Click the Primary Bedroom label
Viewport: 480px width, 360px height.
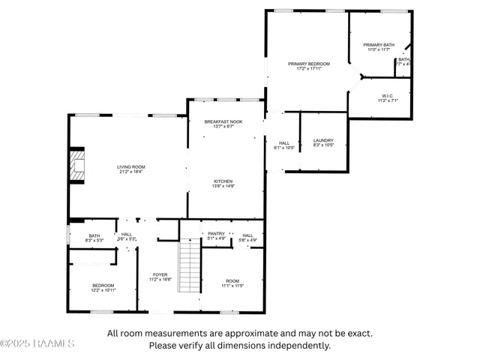click(x=309, y=64)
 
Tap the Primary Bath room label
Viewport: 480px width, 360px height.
click(x=379, y=45)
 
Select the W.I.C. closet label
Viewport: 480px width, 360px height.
click(x=388, y=95)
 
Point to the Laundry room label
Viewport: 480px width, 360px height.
click(x=323, y=140)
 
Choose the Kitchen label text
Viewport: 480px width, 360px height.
click(x=223, y=181)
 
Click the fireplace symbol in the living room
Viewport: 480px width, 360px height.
click(x=76, y=166)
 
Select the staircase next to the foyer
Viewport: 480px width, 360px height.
click(x=190, y=266)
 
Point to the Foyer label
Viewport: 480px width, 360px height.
click(x=160, y=274)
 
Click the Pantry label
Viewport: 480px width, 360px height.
click(x=217, y=234)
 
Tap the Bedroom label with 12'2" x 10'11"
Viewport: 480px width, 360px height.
click(x=103, y=285)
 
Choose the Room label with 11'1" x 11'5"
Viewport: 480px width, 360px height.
click(x=232, y=281)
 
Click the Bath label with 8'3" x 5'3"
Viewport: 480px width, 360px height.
click(x=94, y=236)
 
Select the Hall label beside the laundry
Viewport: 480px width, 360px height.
click(x=284, y=143)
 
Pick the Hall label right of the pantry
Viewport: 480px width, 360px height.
click(x=247, y=235)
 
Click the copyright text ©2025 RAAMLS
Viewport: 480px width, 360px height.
click(x=37, y=344)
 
